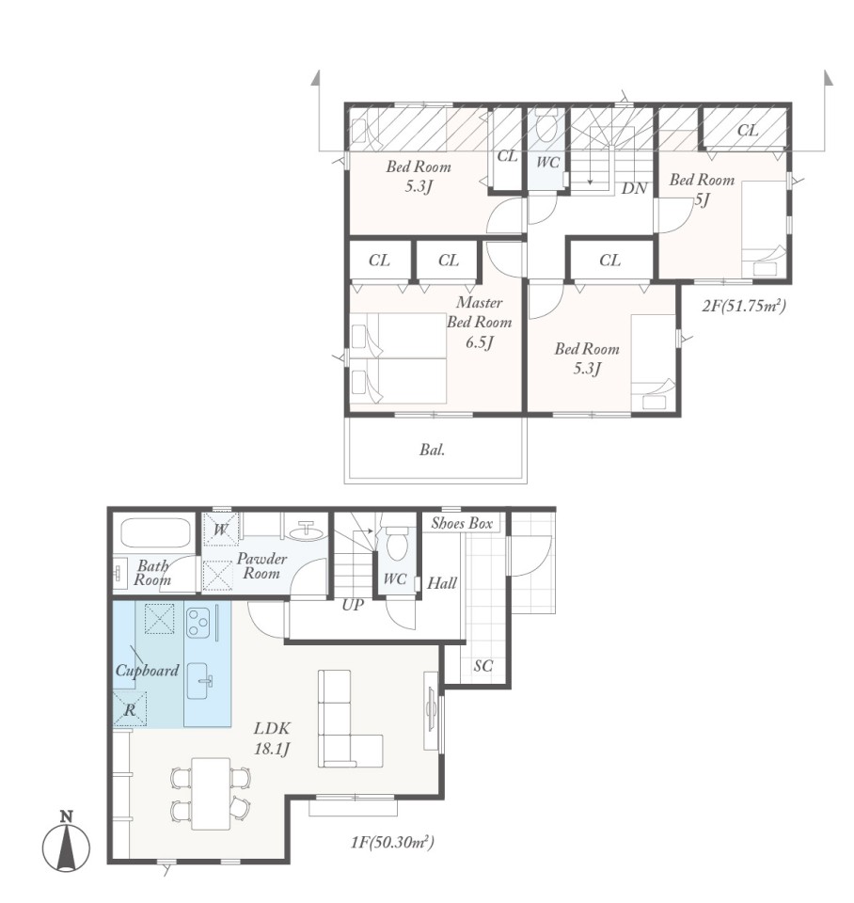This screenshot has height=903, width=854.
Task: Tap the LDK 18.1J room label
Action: (273, 737)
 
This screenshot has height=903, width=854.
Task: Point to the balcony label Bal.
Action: (433, 450)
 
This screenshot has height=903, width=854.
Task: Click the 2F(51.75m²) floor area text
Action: (744, 305)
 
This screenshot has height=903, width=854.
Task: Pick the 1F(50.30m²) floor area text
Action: (393, 843)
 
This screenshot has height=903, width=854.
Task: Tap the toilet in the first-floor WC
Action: (396, 543)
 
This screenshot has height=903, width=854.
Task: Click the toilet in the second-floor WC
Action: (546, 125)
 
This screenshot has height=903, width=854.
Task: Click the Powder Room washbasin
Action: (307, 531)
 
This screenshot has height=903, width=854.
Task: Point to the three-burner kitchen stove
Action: (198, 623)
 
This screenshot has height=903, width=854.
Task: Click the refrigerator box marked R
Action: (130, 709)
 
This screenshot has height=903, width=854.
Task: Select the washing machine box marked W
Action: (221, 528)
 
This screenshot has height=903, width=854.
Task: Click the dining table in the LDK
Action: (212, 794)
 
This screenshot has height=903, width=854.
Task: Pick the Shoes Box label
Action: (462, 523)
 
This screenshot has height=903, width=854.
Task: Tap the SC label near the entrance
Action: (483, 666)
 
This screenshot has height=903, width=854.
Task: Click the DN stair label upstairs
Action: (634, 188)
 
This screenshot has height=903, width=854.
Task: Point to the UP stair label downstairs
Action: (353, 605)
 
